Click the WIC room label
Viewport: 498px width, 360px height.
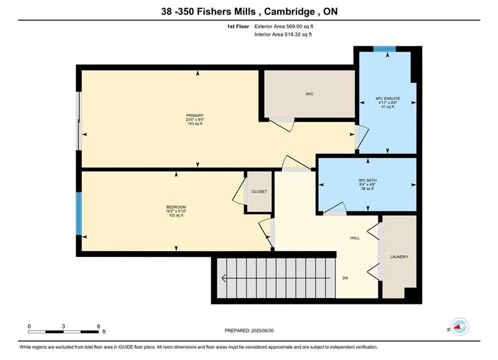coord(309,94)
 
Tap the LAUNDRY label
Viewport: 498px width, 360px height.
coord(399,257)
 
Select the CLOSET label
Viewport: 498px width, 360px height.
coord(259,191)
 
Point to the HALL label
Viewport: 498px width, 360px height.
coord(355,238)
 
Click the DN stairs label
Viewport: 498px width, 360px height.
coord(345,278)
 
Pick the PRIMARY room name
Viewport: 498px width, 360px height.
coord(195,115)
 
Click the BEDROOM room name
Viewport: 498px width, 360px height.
coord(176,207)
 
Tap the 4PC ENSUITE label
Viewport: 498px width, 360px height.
coord(388,98)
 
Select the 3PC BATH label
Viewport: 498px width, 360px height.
coord(367,180)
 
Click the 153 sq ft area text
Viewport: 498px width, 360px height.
coord(195,123)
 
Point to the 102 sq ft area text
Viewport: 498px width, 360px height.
coord(176,215)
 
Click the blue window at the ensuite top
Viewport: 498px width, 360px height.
coord(384,49)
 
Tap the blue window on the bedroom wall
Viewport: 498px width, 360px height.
coord(79,213)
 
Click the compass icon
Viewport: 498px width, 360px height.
coord(459,326)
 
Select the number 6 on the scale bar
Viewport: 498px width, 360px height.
coord(99,326)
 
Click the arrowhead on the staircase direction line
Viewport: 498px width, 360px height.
coord(224,278)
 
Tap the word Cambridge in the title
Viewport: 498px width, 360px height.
coord(289,11)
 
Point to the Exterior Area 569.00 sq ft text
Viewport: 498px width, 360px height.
coord(284,26)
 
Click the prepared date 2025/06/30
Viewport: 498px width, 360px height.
coord(262,330)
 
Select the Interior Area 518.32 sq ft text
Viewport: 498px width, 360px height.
coord(283,34)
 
